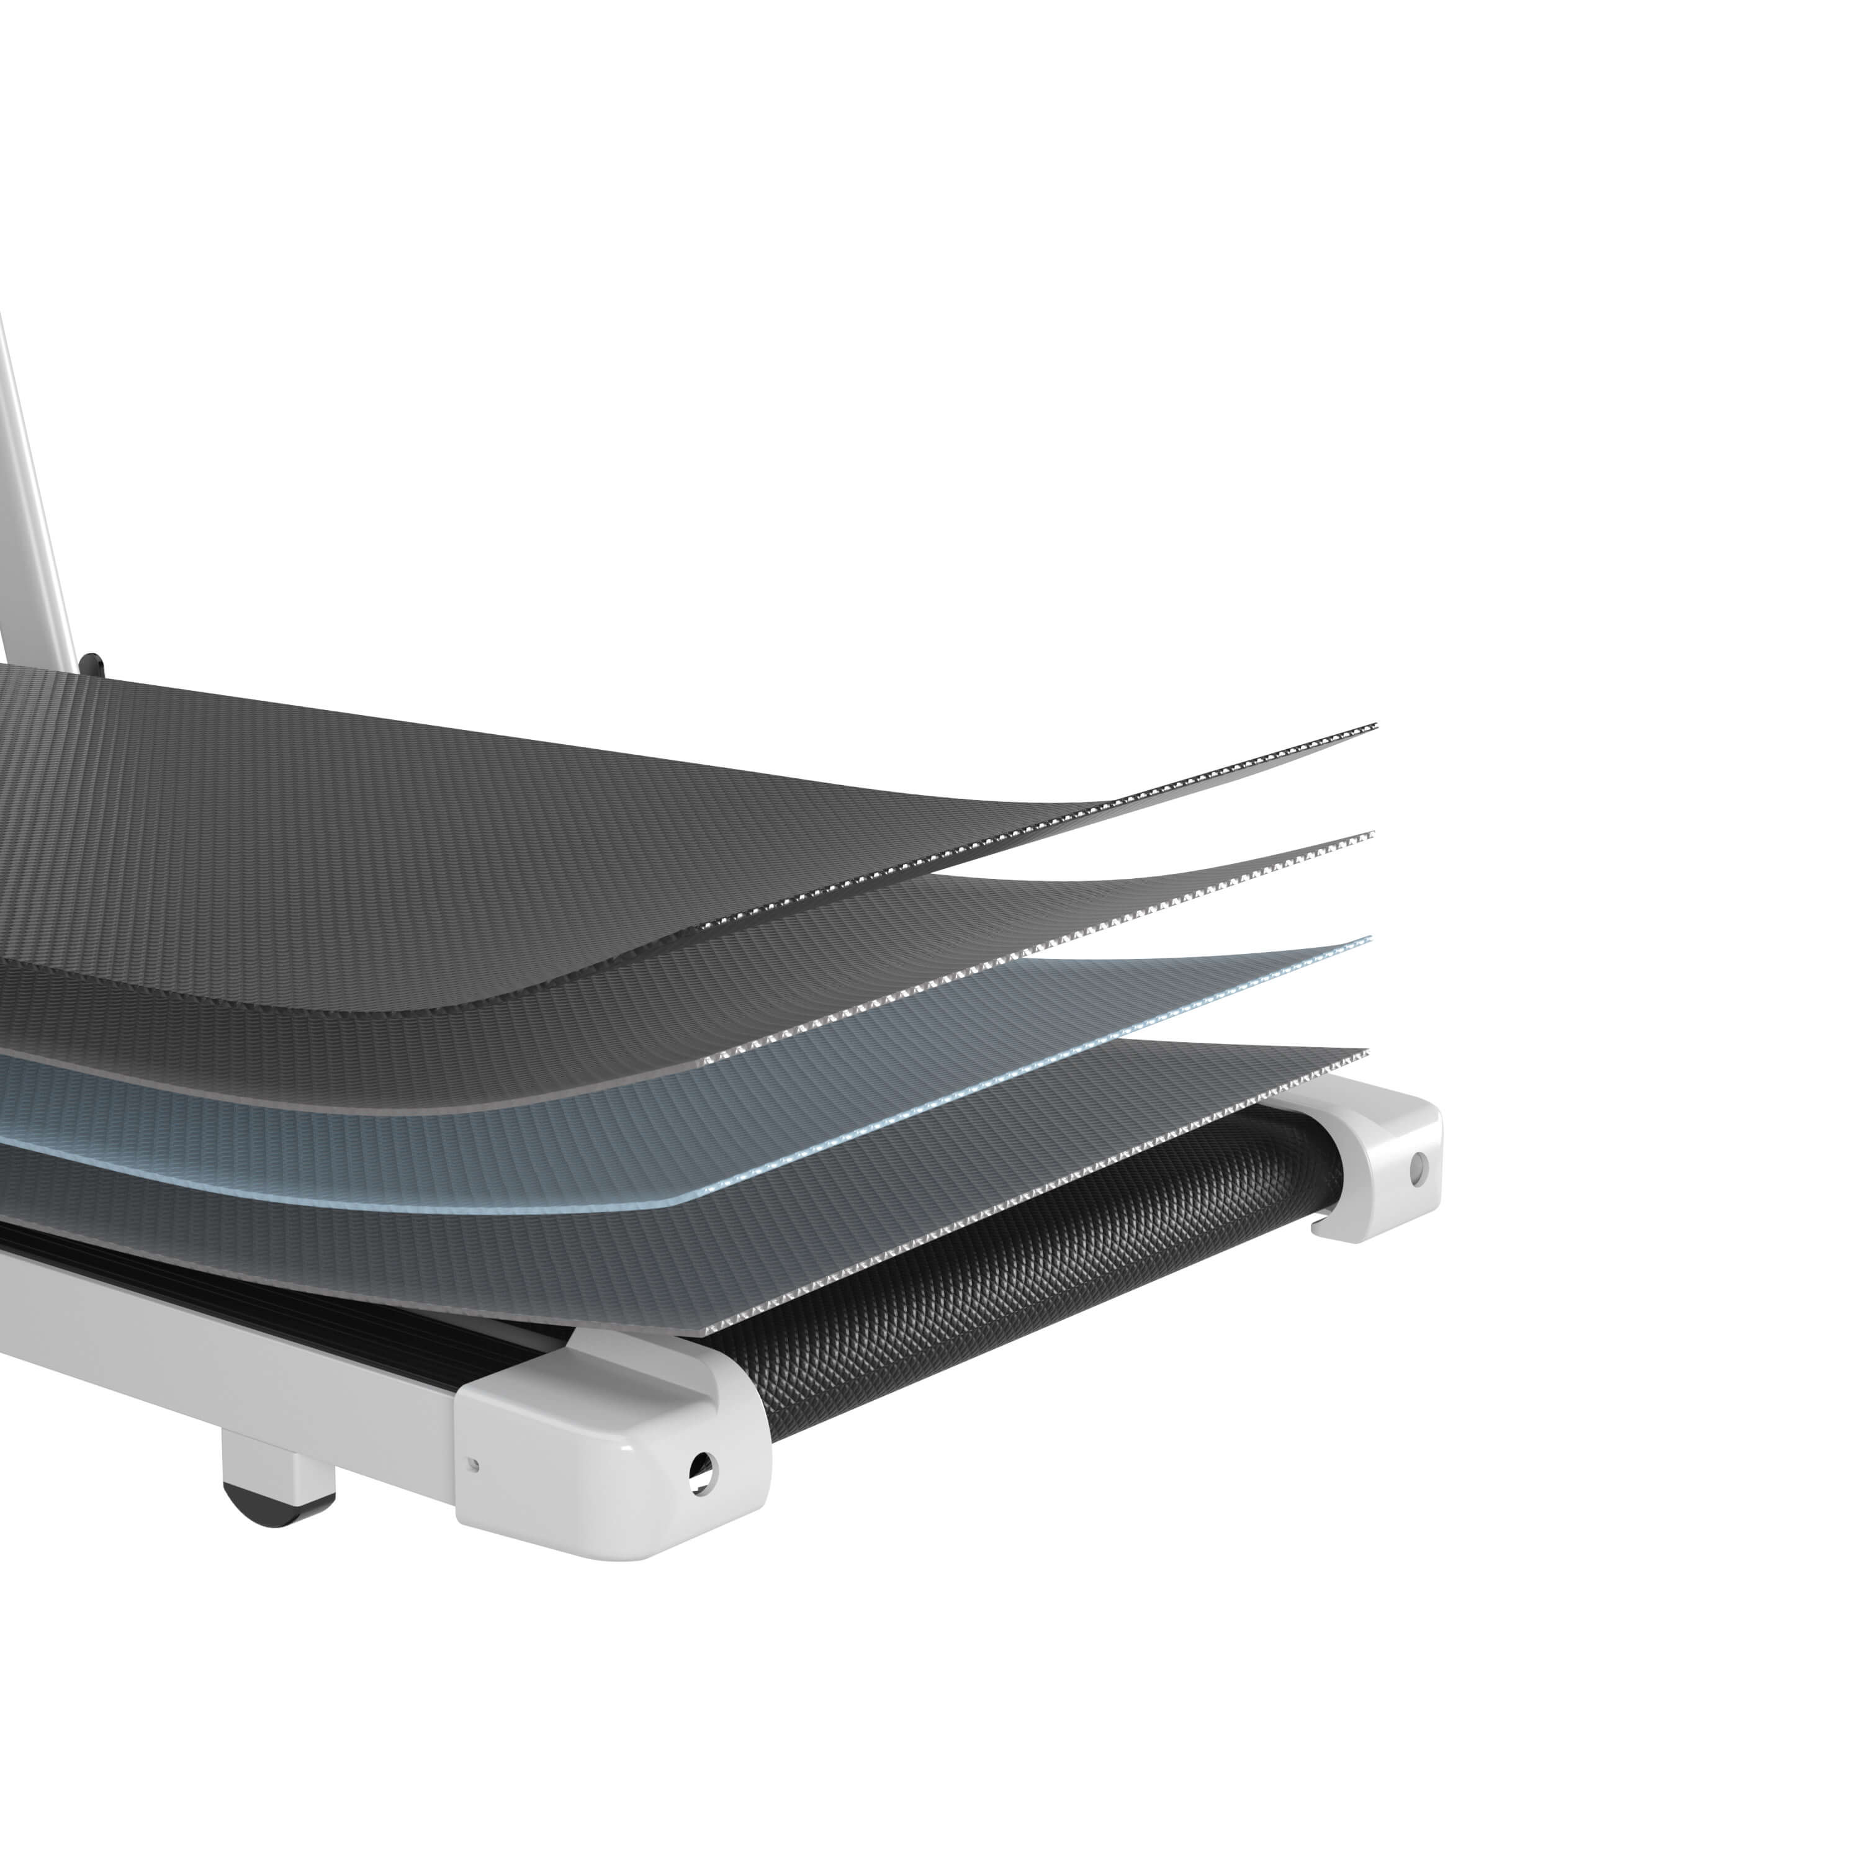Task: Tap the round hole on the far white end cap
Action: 1417,1170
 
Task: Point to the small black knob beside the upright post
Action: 92,664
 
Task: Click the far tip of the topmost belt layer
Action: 1374,726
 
